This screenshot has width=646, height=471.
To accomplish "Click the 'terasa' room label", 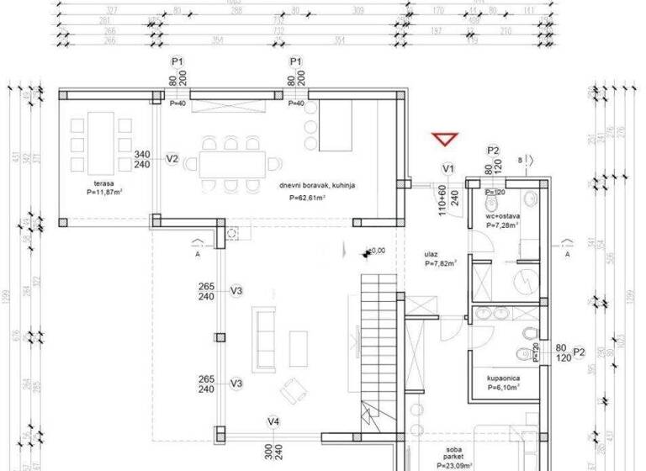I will point(104,183).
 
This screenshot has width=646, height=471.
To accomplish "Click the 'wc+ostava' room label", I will point(503,216).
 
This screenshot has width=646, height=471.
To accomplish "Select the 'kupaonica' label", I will point(502,378).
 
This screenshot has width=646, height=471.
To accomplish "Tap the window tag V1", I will point(448,169).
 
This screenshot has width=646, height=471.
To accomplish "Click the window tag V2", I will point(172,158).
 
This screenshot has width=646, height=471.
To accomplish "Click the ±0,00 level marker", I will point(374,250).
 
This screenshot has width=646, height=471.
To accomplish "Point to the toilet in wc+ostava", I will point(528,199).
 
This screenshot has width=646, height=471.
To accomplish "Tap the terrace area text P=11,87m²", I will point(104,192).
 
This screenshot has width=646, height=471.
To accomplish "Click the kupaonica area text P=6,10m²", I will point(502,388).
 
